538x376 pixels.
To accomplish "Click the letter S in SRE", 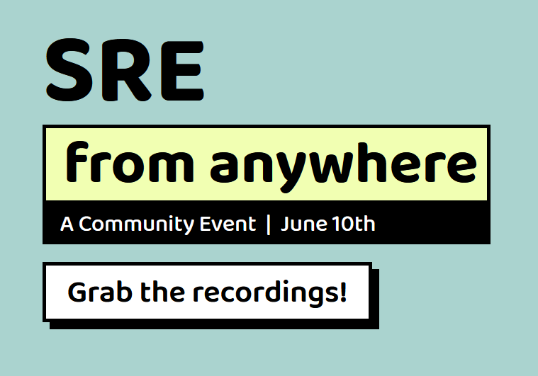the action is point(69,70).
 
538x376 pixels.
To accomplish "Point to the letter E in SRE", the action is point(182,70).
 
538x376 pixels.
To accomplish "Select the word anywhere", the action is point(344,167).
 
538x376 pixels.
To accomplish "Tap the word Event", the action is point(228,224).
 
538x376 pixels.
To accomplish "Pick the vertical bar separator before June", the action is point(269,224).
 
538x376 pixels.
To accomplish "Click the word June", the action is point(304,224).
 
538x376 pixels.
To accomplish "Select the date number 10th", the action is point(354,224).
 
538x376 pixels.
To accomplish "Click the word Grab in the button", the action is point(100,292).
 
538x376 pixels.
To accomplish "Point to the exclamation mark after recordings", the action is point(343,292).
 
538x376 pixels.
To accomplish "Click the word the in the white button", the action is point(162,292).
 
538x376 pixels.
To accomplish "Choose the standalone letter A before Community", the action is point(67,224).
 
